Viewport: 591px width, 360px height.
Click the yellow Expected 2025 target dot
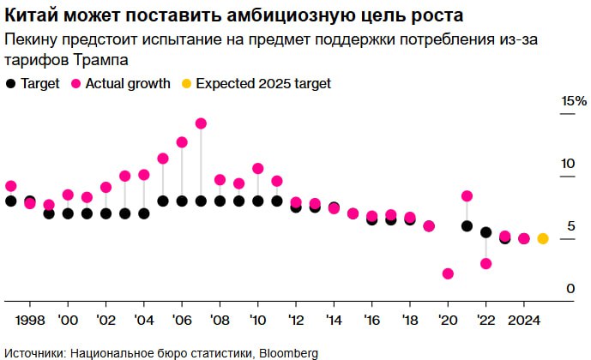543,238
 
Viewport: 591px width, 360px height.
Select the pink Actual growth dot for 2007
201,123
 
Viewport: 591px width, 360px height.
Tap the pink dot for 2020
448,273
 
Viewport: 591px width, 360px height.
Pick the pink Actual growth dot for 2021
467,196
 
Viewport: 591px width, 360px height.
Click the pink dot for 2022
485,263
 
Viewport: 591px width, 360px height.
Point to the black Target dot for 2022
485,232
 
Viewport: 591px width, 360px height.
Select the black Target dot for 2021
467,226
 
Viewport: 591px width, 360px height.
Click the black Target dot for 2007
201,201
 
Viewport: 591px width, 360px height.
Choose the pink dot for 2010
257,169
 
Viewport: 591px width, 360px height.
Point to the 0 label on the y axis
569,289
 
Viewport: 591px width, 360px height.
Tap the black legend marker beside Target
10,83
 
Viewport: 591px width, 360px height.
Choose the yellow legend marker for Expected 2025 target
185,83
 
